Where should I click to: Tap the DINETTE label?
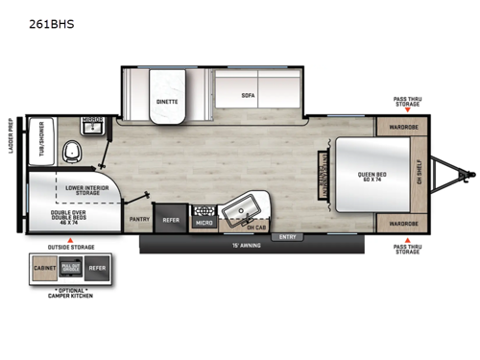click(x=168, y=100)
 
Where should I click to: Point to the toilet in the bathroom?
click(x=69, y=152)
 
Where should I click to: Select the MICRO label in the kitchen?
click(x=204, y=223)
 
